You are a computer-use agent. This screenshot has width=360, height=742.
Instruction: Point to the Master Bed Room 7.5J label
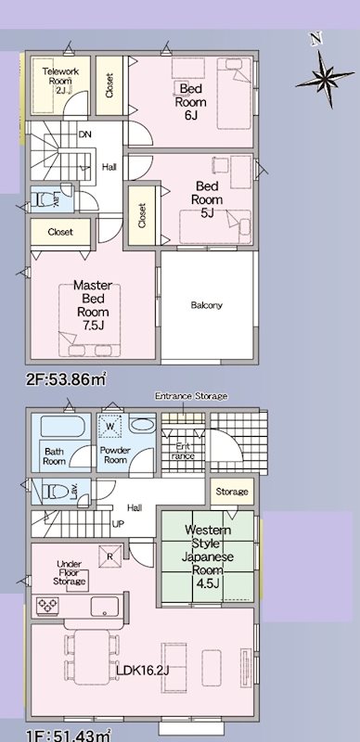pos(92,305)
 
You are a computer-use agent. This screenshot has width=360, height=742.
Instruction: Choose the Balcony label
pos(206,305)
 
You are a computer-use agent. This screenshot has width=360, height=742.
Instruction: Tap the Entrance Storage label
pos(190,396)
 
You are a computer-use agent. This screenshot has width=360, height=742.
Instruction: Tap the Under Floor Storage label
pos(71,573)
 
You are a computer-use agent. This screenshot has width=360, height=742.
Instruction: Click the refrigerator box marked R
pos(110,557)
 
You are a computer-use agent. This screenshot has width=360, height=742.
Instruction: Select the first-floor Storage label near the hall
pos(231,492)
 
